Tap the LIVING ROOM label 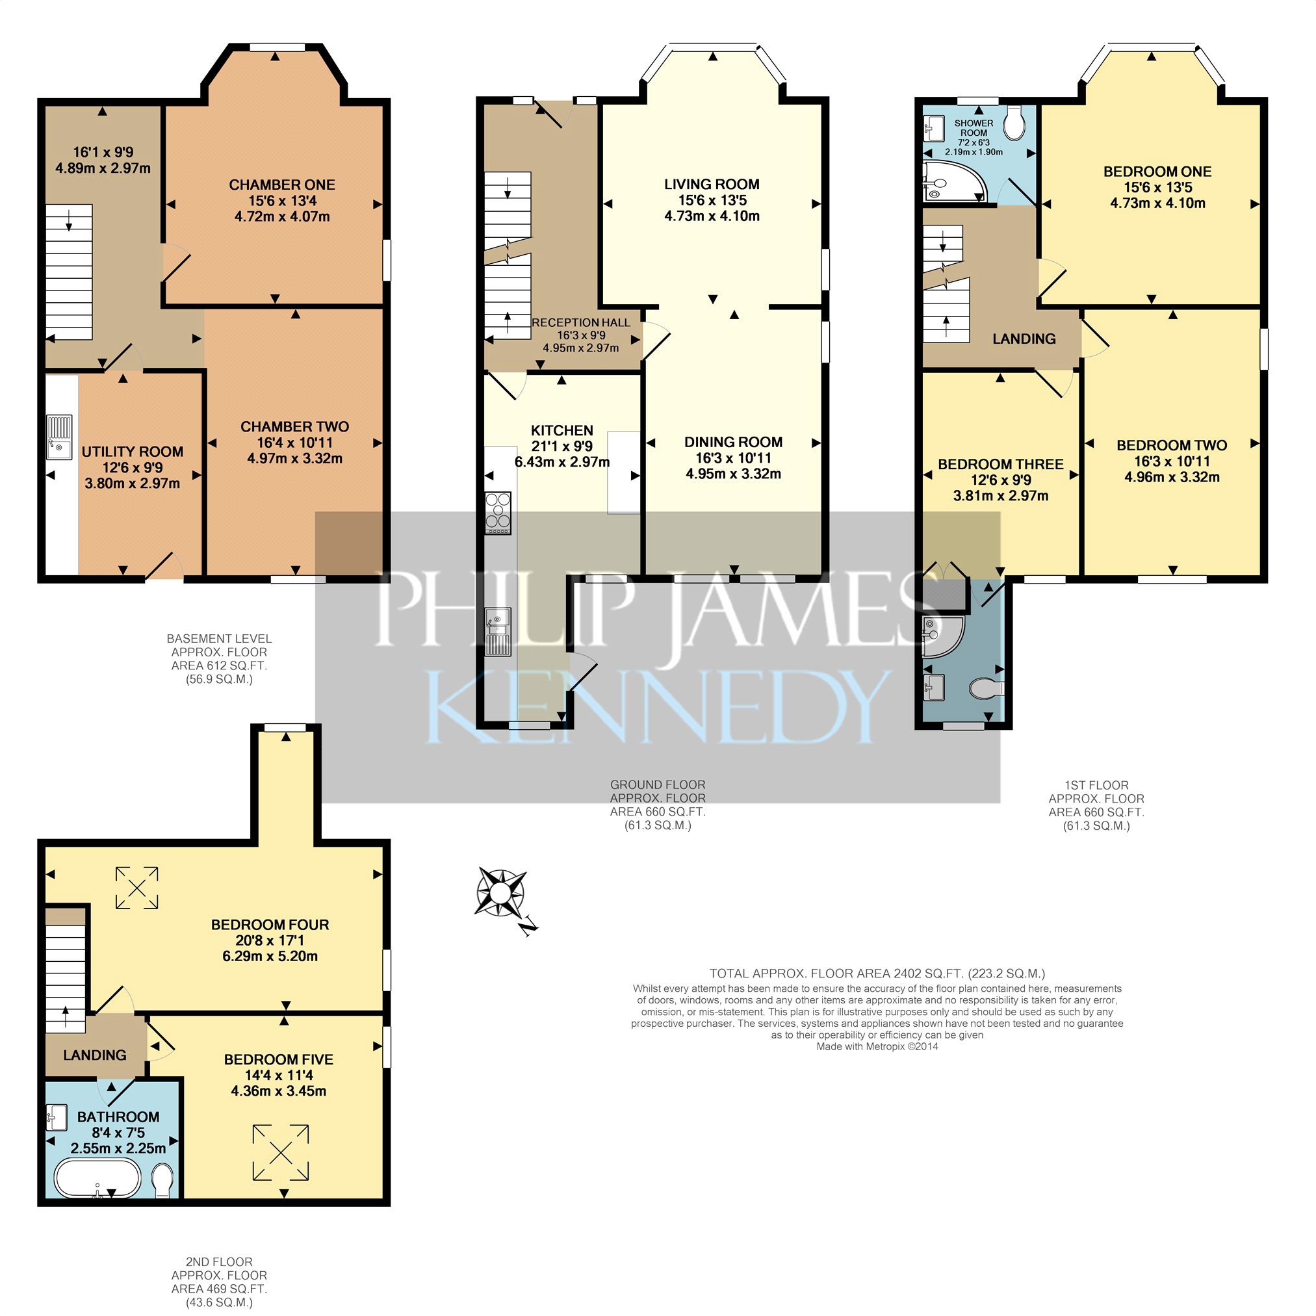click(712, 184)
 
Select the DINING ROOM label click(733, 442)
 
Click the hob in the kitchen click(498, 513)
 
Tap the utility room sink click(59, 437)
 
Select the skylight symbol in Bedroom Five click(281, 1152)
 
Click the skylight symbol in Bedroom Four click(137, 888)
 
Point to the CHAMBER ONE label click(282, 185)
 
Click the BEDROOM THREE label click(1001, 465)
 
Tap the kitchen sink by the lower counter click(498, 633)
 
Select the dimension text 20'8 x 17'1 click(270, 940)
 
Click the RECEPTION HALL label click(581, 323)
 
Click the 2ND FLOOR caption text click(218, 1262)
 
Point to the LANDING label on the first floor click(1024, 339)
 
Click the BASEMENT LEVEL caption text click(220, 639)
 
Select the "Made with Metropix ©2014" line click(877, 1046)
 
